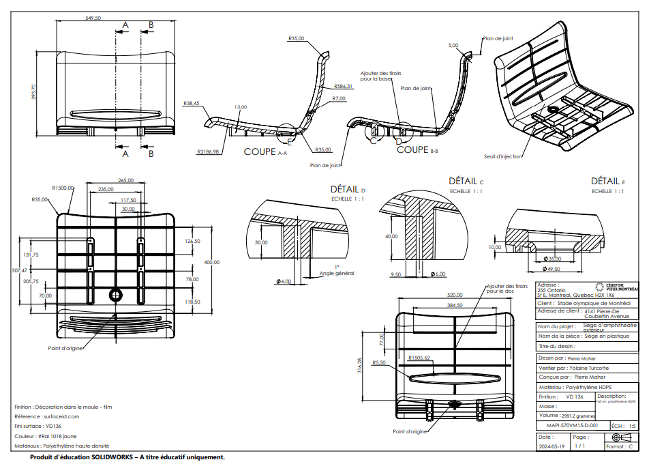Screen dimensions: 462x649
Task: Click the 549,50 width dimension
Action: [x=93, y=18]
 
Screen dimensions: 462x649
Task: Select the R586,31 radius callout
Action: [x=344, y=87]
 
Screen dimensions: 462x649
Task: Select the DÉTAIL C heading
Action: [x=466, y=182]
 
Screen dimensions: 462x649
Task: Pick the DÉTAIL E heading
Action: [x=607, y=182]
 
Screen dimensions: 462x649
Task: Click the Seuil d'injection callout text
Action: [x=502, y=156]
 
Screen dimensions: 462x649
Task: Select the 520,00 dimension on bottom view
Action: [x=455, y=295]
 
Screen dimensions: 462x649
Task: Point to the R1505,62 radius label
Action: [x=419, y=358]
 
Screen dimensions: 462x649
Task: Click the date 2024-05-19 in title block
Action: [x=552, y=447]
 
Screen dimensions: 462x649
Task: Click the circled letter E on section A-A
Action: [x=289, y=143]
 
